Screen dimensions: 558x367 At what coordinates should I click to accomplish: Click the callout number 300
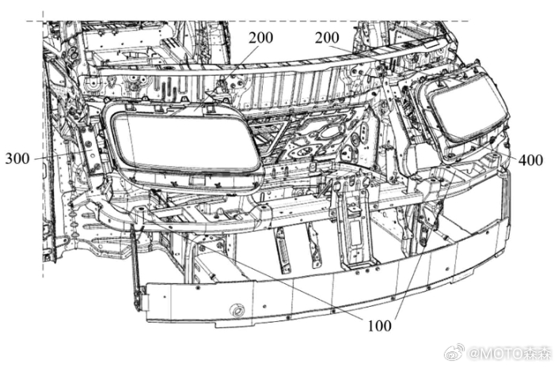[17, 158]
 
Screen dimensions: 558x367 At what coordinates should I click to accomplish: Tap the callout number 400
[530, 161]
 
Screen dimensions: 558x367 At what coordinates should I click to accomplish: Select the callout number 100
[379, 325]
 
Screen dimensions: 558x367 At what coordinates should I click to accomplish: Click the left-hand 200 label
[261, 38]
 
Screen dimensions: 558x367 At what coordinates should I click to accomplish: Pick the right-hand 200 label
[327, 38]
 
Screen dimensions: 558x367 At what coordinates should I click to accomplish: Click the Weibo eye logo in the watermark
[455, 352]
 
